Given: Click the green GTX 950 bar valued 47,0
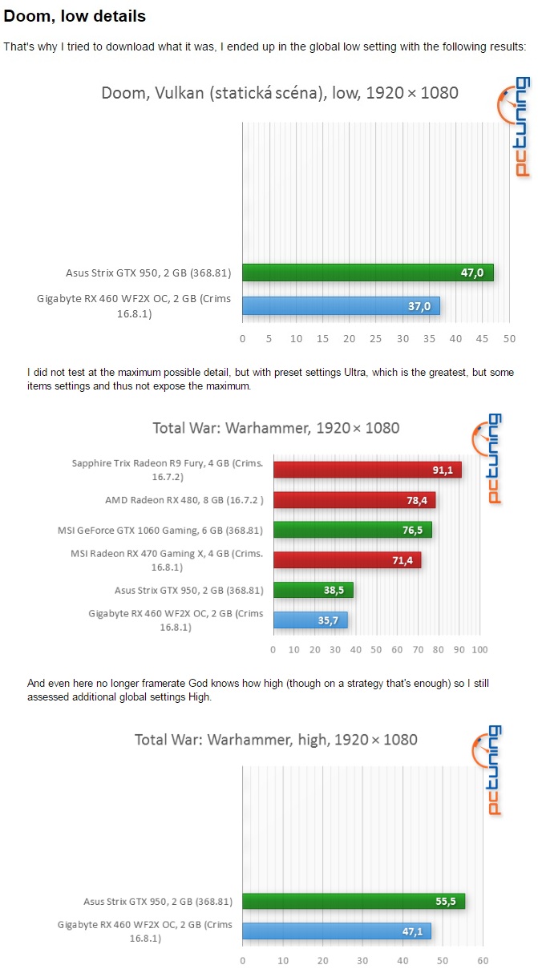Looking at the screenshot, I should click(x=367, y=273).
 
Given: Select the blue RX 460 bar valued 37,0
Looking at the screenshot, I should click(x=341, y=305).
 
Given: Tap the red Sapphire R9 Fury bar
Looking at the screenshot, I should click(x=366, y=470).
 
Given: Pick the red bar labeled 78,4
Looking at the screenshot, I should click(x=354, y=500).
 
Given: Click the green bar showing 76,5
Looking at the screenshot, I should click(x=352, y=530).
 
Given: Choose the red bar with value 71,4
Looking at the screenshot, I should click(x=346, y=560).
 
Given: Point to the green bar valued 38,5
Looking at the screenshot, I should click(x=313, y=590).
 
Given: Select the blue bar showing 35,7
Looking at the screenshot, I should click(x=310, y=620).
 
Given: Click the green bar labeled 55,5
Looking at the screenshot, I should click(x=353, y=901).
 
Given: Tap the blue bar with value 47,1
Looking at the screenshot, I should click(x=336, y=931).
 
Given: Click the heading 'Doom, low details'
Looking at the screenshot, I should click(x=75, y=16).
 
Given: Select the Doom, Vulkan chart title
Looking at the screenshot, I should click(x=279, y=92).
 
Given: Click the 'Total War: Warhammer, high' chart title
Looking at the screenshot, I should click(x=276, y=739).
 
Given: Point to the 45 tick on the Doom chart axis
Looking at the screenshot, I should click(x=482, y=338).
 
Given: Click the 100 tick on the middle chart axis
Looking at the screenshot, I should click(x=479, y=649).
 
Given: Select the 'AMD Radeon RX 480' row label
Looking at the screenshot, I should click(x=184, y=500).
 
